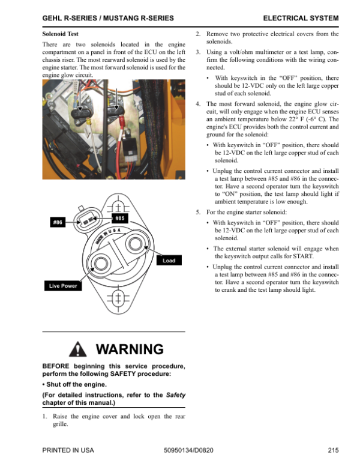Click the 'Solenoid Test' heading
tap(61, 34)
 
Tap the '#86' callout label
tap(58, 223)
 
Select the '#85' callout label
tap(119, 218)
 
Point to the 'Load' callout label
tap(169, 261)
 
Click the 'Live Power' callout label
tap(63, 286)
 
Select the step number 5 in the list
tap(198, 213)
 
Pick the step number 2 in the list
tap(198, 34)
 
